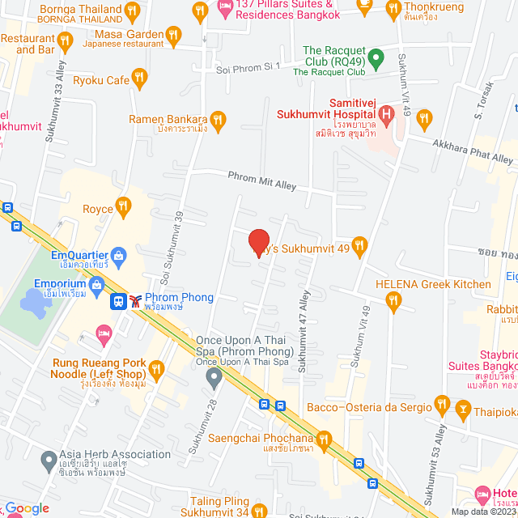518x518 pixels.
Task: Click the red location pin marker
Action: pos(258,242)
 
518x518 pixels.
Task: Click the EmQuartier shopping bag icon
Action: pos(119,257)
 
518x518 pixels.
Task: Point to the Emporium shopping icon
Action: pos(98,283)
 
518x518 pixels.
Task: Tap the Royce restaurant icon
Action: pos(123,206)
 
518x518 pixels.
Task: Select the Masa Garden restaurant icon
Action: pos(172,35)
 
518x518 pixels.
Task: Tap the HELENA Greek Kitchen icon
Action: pos(393,302)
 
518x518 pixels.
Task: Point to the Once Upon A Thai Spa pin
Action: pos(213,377)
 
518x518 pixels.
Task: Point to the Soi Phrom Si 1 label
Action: pos(248,70)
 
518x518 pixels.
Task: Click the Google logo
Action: pos(26,508)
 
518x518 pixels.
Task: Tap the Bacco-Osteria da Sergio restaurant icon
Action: pos(442,403)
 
